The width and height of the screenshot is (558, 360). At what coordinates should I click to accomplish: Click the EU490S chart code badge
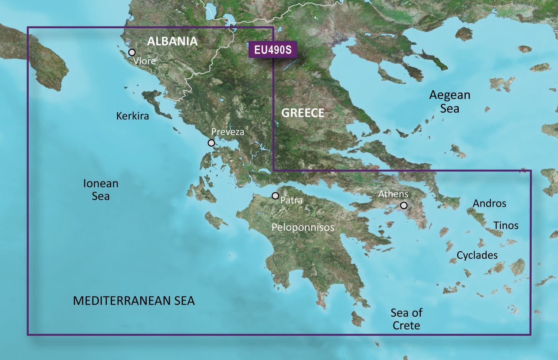(273, 49)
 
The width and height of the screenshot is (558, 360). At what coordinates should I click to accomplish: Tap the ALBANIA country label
(172, 41)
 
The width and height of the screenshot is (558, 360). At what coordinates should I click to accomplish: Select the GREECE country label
(302, 113)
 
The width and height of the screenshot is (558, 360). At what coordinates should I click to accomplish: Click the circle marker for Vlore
(132, 52)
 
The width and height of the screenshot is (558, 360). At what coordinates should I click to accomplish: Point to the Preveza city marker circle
(211, 143)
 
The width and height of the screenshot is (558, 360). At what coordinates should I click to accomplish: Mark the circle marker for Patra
(275, 196)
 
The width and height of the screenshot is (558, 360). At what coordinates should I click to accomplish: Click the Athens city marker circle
(404, 205)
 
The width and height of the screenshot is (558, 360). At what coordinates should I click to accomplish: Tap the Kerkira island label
(132, 116)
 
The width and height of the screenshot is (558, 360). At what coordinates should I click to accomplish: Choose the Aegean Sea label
(450, 102)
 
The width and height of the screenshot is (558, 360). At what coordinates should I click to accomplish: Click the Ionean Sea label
(101, 190)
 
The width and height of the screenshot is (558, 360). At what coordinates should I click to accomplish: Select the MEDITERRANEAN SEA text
(134, 300)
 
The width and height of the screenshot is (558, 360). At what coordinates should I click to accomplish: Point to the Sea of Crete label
(406, 319)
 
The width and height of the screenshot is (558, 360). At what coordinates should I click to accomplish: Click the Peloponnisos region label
(303, 227)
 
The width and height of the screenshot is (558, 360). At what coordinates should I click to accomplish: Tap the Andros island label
(489, 203)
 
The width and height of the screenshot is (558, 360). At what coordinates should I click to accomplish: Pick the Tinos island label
(506, 225)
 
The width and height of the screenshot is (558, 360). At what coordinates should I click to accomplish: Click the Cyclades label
(477, 255)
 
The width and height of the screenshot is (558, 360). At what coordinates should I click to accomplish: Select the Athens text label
(393, 194)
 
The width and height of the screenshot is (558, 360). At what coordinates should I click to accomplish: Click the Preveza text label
(228, 132)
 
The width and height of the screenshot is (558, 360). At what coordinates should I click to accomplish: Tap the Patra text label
(291, 200)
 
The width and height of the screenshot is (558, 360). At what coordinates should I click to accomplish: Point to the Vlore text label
(144, 61)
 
